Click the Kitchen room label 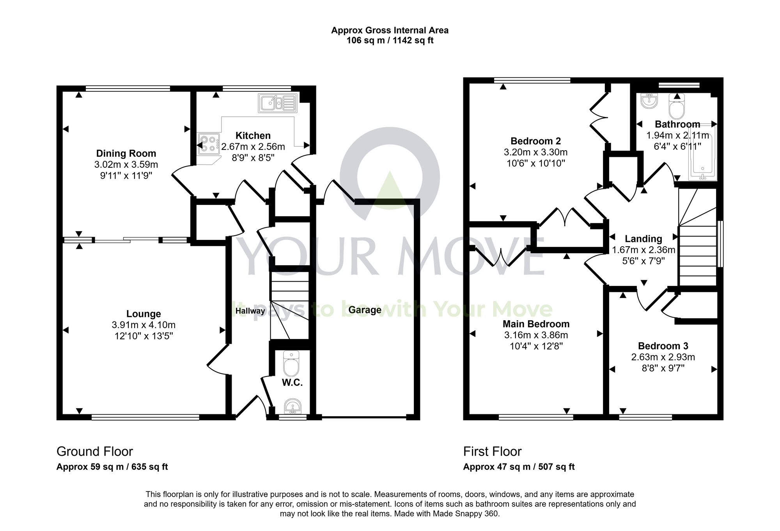coord(253,136)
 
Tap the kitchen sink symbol coord(277,103)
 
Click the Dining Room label coord(126,153)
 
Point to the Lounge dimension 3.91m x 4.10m coord(144,325)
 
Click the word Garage coord(365,310)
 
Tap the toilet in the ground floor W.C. coord(291,363)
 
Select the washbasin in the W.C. coord(292,407)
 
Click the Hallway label coord(250,311)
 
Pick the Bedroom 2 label coord(535,141)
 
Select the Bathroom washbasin coord(649,101)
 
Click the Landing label coord(643,239)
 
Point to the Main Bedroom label coord(536,324)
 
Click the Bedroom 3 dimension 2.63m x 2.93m coord(663,357)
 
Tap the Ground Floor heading coord(95,451)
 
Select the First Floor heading coord(492,451)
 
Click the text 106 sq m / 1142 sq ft coord(390,41)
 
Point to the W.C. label coord(292,383)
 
